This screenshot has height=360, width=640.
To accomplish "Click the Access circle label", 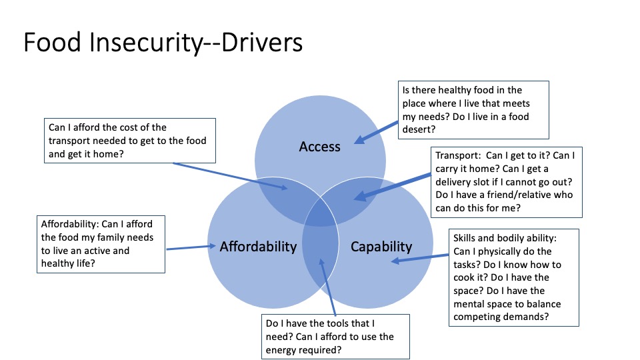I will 320,146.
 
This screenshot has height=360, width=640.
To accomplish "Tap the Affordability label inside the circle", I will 258,247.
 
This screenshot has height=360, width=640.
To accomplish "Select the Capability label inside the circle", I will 381,247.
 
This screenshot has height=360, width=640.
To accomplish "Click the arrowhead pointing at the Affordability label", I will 213,247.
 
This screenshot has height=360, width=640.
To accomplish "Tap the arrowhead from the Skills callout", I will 395,261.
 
